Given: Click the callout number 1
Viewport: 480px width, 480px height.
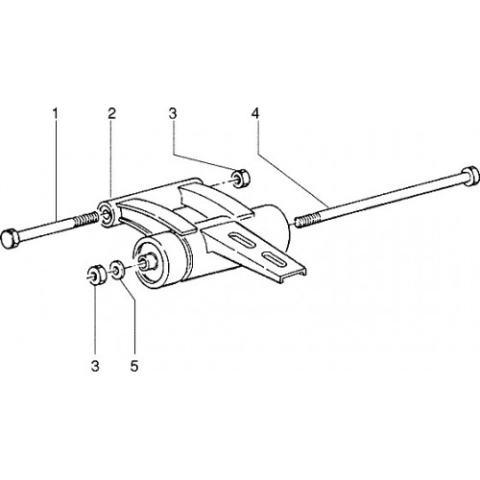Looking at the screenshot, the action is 56,113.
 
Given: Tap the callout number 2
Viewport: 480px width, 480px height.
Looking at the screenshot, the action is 111,113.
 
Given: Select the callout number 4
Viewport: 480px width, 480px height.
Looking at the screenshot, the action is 255,113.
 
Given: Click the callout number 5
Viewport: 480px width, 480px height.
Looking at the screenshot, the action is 134,366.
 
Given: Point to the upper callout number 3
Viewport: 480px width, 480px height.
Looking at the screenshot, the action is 173,113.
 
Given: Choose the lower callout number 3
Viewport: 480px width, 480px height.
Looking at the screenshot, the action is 95,366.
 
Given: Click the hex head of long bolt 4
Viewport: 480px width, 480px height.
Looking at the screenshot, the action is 470,176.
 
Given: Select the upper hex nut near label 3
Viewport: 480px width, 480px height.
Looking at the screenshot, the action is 241,179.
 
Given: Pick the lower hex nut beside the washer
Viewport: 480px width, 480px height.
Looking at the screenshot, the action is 96,275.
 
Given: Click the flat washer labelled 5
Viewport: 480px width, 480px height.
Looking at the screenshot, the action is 117,270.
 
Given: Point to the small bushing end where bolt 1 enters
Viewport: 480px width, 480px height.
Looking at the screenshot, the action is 107,214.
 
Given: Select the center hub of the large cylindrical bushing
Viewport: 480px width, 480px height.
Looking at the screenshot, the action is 149,261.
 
